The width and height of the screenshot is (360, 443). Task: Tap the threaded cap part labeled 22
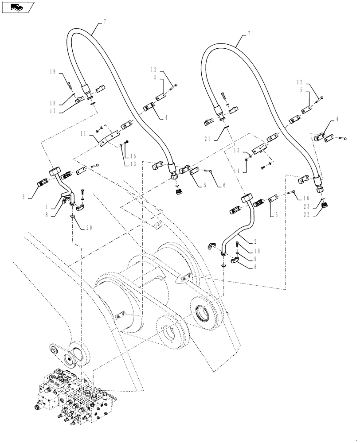[326, 205]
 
